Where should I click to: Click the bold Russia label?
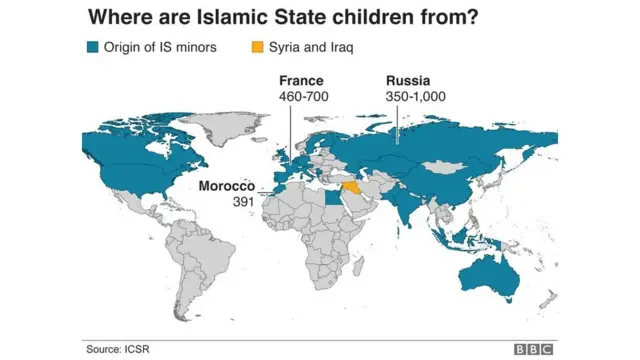click(408, 81)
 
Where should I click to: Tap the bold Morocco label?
click(227, 186)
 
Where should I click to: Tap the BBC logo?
click(534, 348)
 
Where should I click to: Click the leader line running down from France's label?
click(290, 130)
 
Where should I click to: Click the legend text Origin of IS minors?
click(156, 47)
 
